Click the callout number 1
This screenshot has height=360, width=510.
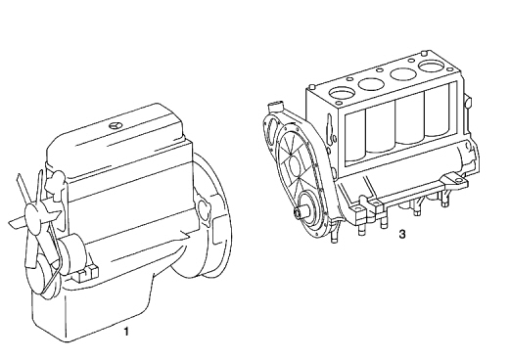pyautogui.click(x=126, y=332)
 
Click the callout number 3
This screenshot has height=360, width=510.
pyautogui.click(x=402, y=234)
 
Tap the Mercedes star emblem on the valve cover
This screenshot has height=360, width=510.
pyautogui.click(x=115, y=126)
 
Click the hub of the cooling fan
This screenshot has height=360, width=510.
pyautogui.click(x=34, y=214)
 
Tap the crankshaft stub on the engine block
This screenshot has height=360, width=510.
pyautogui.click(x=301, y=212)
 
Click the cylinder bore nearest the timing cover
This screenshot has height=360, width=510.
pyautogui.click(x=342, y=92)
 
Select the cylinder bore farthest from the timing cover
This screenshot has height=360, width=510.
pyautogui.click(x=433, y=67)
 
